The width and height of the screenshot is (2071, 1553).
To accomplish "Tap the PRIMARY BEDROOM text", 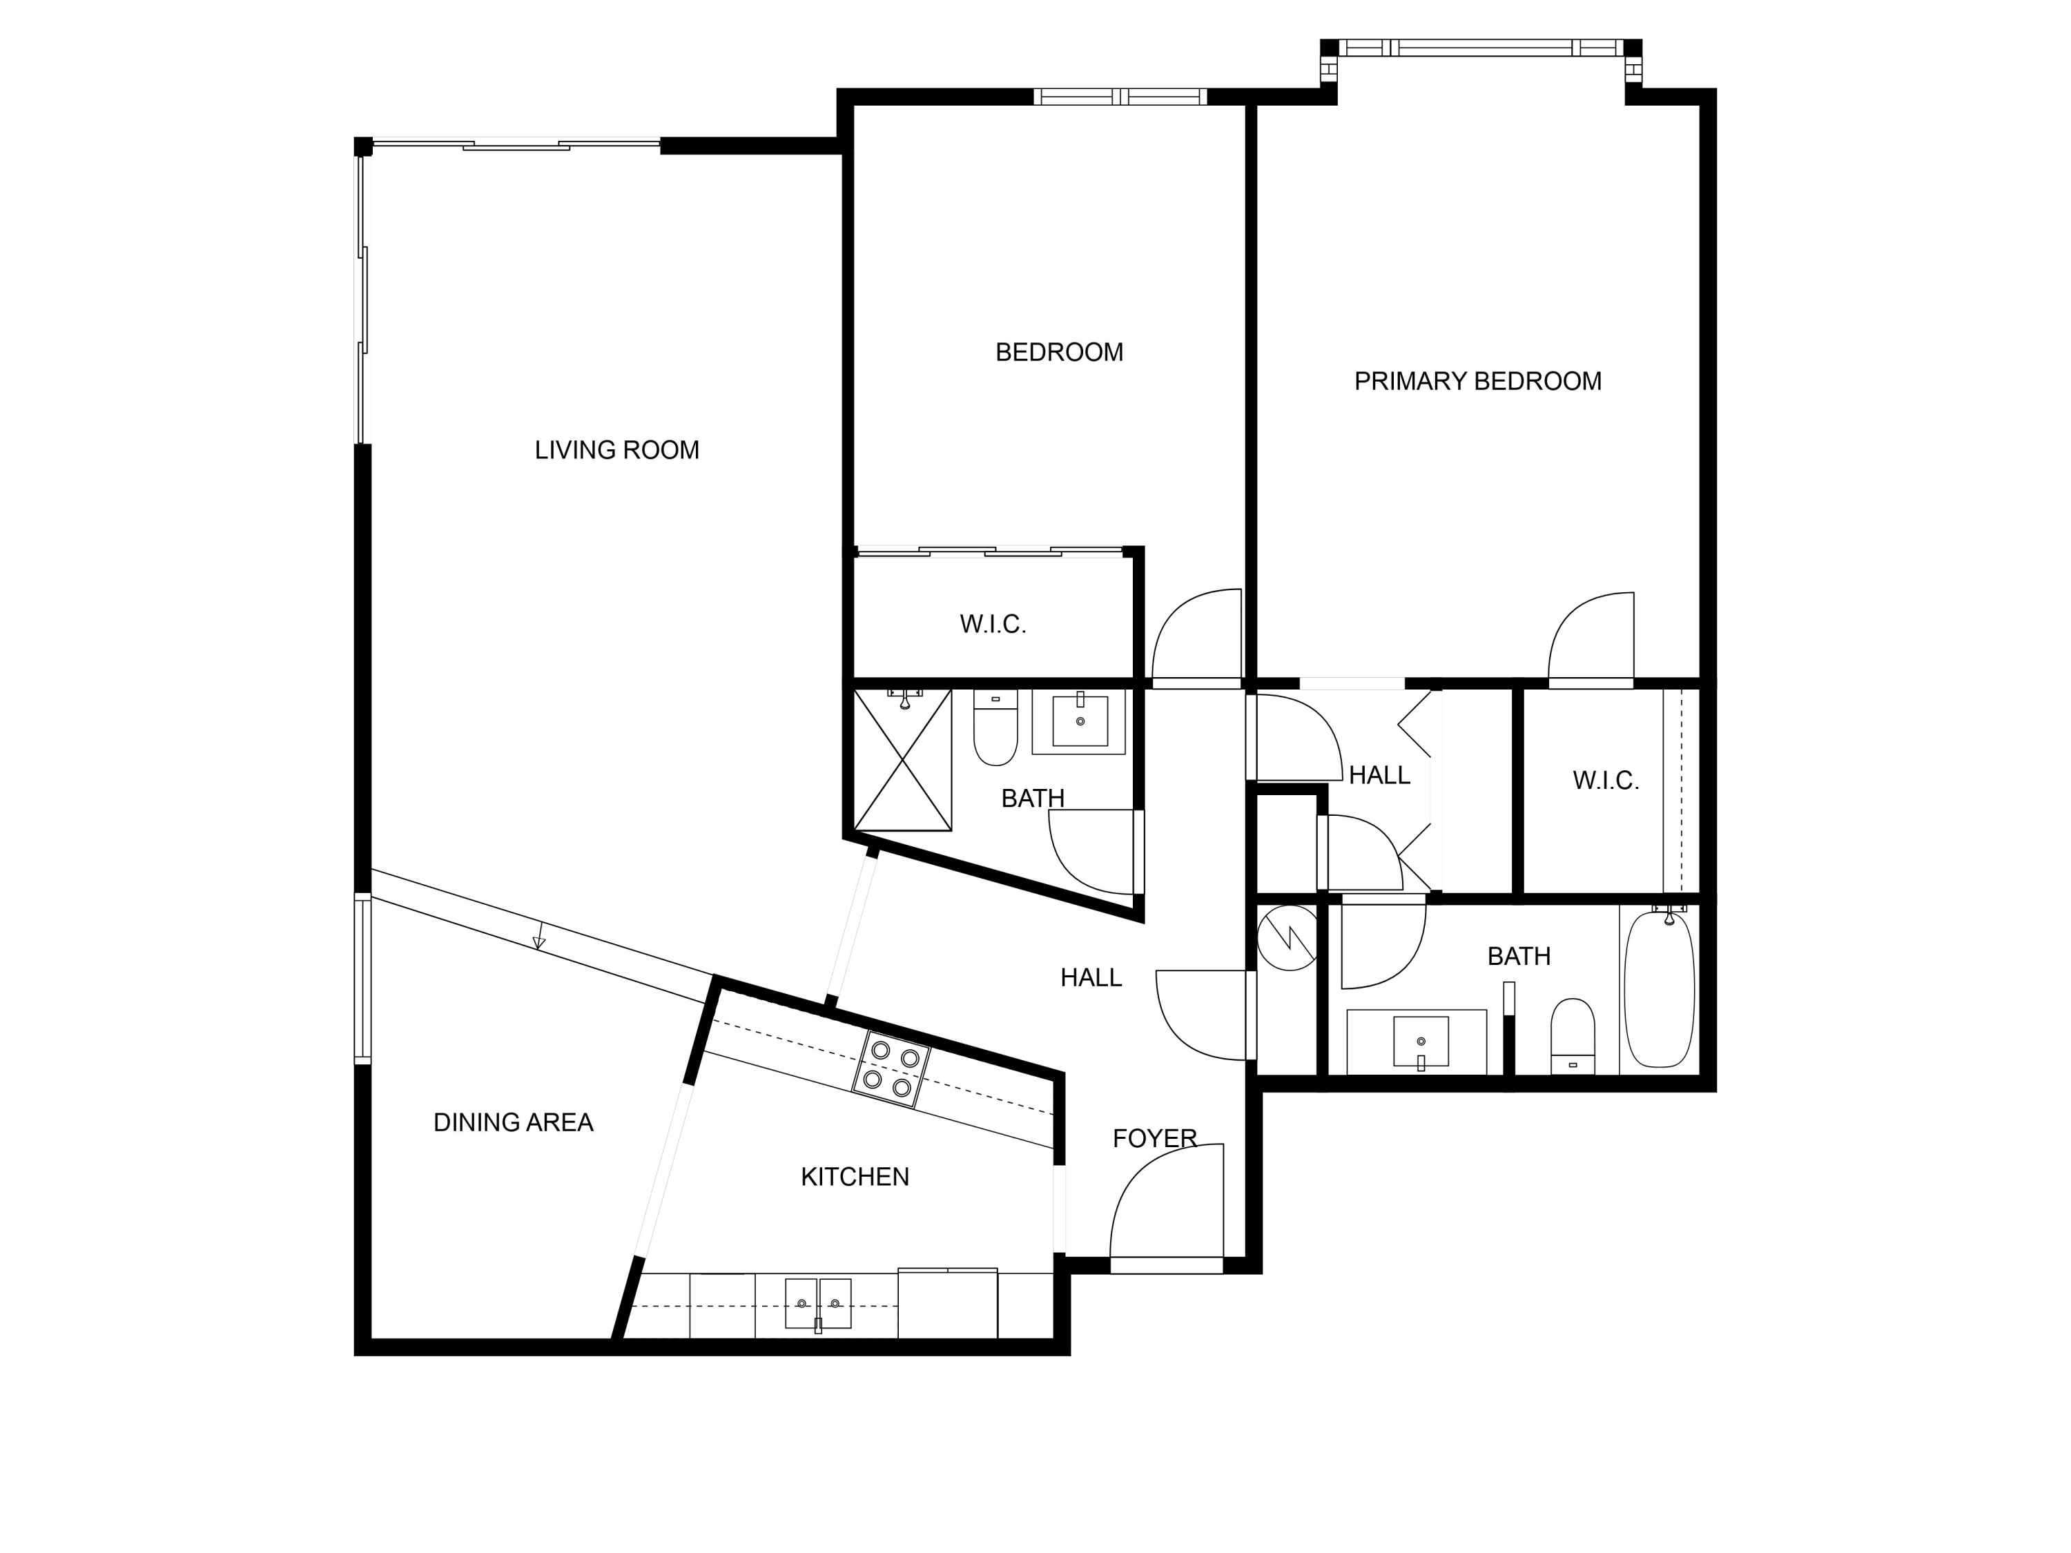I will click(x=1477, y=381).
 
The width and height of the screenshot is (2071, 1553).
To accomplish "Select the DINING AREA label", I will click(x=513, y=1122).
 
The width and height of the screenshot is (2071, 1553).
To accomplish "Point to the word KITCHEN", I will click(x=854, y=1177).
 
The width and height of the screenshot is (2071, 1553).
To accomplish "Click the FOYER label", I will click(x=1154, y=1138).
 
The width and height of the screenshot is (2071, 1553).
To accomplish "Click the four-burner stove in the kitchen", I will click(x=891, y=1069).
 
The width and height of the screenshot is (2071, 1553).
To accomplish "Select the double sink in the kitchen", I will click(x=817, y=1303).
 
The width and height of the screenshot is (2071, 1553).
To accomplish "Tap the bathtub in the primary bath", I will click(x=1658, y=990).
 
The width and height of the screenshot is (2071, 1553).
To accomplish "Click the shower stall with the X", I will click(x=902, y=760).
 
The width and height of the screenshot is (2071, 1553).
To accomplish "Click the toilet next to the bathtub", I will click(x=1572, y=1035).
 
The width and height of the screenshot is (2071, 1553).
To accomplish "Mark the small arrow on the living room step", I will click(x=538, y=941).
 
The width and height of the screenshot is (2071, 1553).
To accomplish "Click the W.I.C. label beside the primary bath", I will click(x=1605, y=781).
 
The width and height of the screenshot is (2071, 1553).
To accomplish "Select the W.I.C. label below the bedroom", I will click(x=993, y=625).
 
